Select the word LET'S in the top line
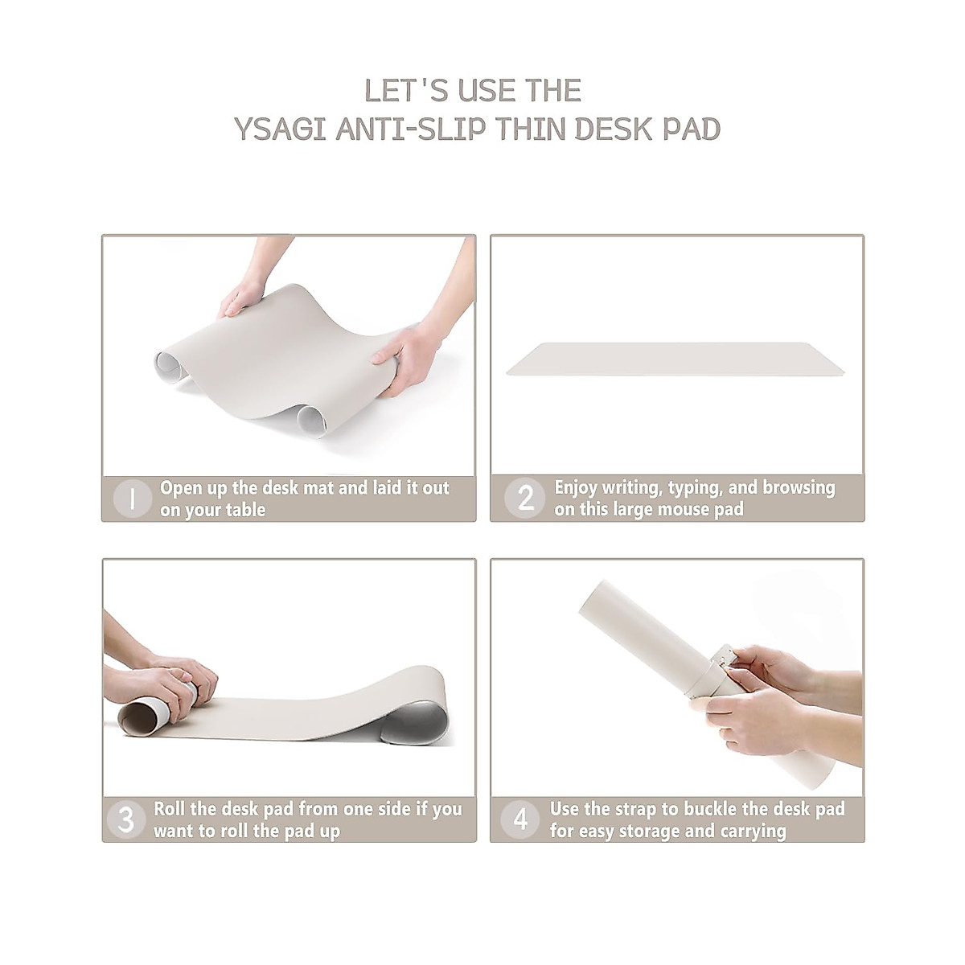point(405,90)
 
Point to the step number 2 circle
point(524,499)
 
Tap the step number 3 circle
point(126,819)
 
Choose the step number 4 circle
point(520,819)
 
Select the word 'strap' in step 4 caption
point(634,809)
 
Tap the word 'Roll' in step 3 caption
point(170,809)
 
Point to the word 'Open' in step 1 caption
point(181,488)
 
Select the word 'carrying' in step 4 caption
point(752,832)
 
